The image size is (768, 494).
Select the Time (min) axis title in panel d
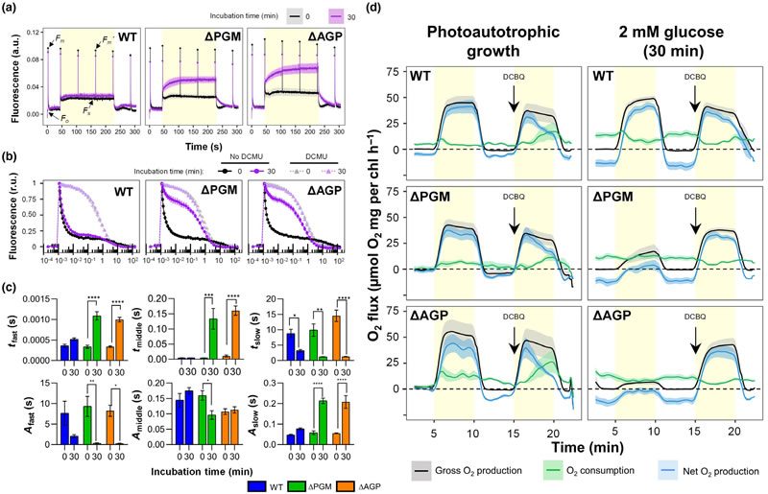tap(577, 446)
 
